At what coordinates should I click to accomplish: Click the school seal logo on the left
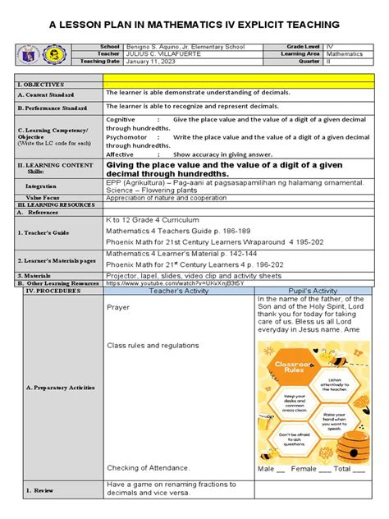[x=50, y=55]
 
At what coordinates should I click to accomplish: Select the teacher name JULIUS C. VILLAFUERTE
[x=156, y=54]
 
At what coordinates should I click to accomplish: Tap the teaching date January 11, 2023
[x=147, y=62]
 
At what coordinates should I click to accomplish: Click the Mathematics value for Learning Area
[x=323, y=54]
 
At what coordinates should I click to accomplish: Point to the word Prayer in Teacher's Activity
[x=118, y=307]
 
